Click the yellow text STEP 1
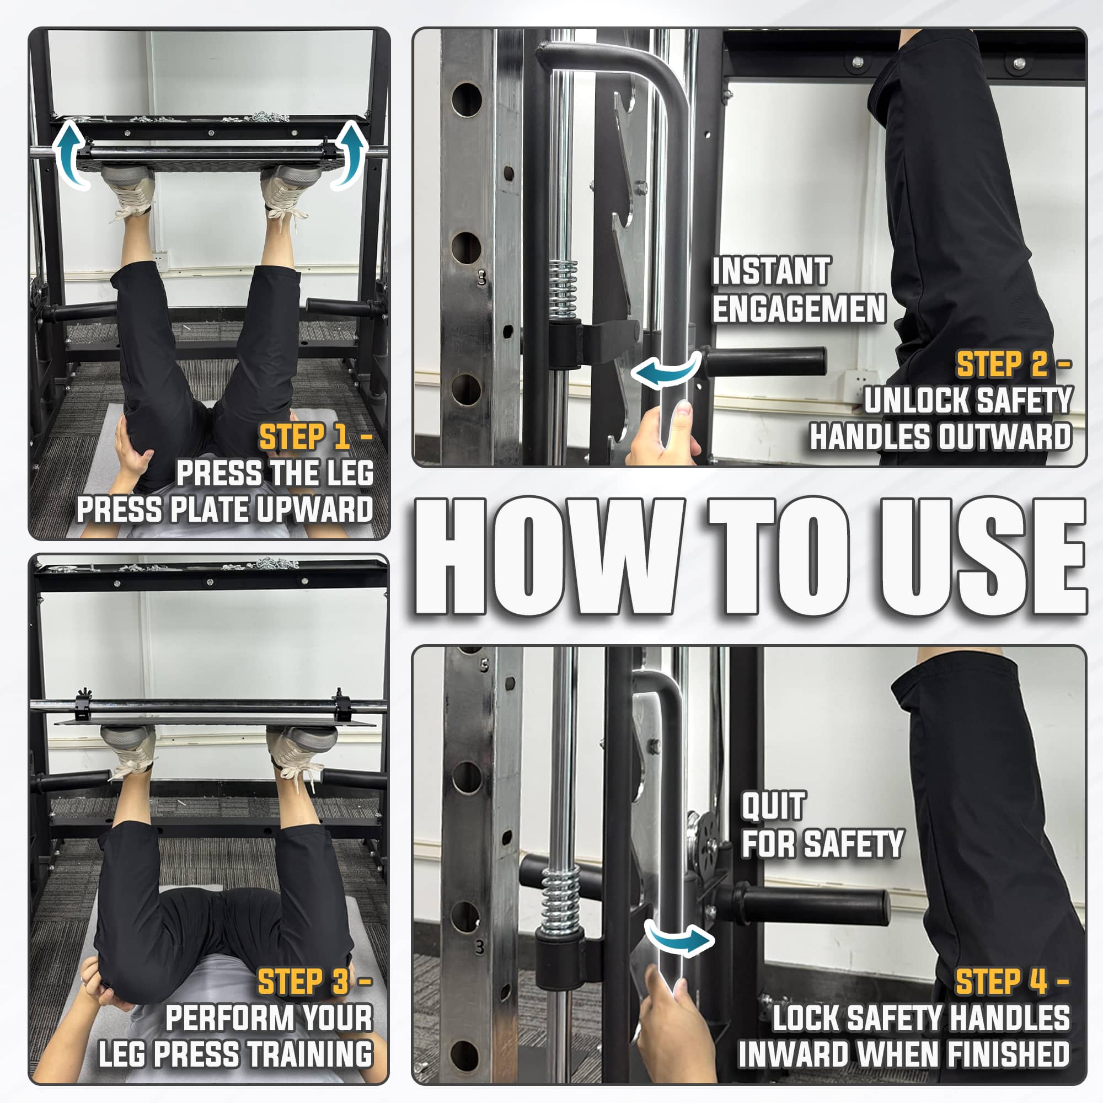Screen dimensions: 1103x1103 (x=304, y=437)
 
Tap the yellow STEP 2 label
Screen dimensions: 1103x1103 (x=1003, y=364)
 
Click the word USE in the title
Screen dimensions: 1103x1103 (x=982, y=556)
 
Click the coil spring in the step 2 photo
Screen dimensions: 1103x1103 (x=563, y=289)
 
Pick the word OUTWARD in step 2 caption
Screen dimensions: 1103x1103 (x=1005, y=437)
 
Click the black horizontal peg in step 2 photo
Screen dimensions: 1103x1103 (x=765, y=361)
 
